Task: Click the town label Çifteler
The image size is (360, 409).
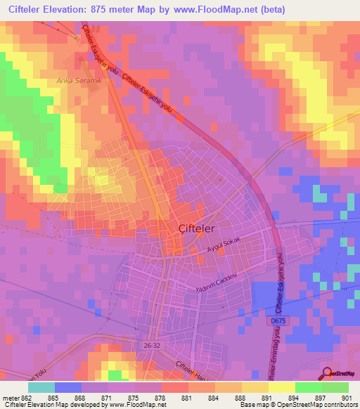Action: [196, 228]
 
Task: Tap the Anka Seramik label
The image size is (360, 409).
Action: [79, 81]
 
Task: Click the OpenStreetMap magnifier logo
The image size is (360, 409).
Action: [327, 374]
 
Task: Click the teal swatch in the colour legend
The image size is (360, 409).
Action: [41, 387]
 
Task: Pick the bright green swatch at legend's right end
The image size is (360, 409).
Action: [335, 387]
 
